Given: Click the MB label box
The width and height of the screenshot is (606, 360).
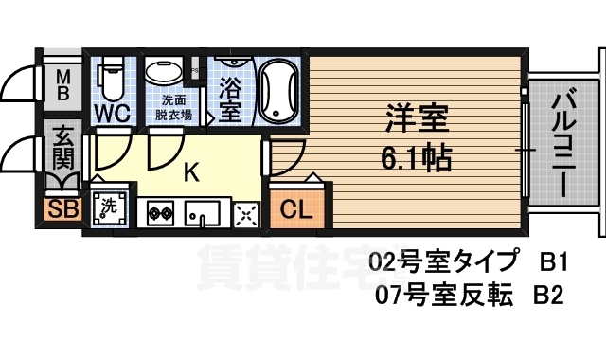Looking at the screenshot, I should click(x=58, y=84).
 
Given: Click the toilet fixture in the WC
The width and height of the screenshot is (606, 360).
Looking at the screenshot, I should click(x=111, y=78).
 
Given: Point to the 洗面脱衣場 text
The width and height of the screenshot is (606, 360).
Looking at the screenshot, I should click(x=172, y=107).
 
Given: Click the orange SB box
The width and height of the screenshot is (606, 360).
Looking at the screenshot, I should click(x=58, y=208).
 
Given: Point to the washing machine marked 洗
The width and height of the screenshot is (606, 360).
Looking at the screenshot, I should click(x=108, y=210).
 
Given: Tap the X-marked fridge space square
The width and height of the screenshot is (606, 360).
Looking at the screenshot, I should click(x=245, y=215).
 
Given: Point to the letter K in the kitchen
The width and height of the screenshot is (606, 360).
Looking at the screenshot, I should click(x=190, y=172).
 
